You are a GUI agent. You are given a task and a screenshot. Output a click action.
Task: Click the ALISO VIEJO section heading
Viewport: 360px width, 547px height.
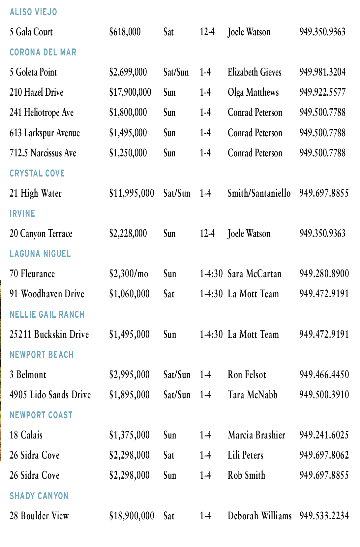click(x=33, y=12)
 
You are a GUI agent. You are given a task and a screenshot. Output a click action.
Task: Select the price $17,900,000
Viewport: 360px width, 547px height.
click(x=130, y=92)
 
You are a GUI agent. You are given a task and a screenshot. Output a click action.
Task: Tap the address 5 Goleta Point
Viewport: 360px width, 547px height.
click(x=33, y=72)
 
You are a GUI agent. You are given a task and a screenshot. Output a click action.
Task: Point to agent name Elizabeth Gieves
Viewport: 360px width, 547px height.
click(x=255, y=72)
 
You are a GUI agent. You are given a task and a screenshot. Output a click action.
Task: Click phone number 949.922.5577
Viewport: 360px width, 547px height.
click(x=322, y=92)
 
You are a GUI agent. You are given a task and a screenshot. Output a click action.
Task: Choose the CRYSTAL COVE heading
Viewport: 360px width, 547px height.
click(x=37, y=173)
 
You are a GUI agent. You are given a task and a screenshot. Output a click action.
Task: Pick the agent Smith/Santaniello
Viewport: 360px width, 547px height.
click(x=259, y=193)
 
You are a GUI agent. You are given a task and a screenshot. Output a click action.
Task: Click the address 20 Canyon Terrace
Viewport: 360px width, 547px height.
click(x=41, y=234)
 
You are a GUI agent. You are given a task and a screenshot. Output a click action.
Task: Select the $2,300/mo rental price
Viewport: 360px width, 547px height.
click(x=129, y=274)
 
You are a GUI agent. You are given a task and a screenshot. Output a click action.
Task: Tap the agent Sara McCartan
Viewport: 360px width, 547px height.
click(x=255, y=274)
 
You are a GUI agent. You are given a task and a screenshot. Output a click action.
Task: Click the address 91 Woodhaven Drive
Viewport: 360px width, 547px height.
click(x=47, y=294)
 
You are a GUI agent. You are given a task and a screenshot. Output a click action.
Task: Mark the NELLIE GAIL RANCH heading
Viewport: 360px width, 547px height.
click(x=47, y=314)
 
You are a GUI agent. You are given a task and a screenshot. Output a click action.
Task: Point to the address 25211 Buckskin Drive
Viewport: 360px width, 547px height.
click(x=49, y=335)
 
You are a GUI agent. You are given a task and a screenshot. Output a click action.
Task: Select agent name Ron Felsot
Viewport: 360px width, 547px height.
click(x=247, y=375)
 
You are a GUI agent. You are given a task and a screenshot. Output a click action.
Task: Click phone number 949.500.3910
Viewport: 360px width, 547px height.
click(x=324, y=395)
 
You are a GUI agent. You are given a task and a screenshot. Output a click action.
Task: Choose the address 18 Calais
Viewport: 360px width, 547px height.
click(x=26, y=435)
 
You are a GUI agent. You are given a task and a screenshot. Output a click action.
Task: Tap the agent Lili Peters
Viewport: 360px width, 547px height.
click(x=246, y=455)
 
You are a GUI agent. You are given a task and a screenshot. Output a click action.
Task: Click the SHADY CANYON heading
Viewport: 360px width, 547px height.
click(x=39, y=496)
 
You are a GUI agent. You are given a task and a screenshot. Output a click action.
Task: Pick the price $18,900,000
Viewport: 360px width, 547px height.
click(x=132, y=516)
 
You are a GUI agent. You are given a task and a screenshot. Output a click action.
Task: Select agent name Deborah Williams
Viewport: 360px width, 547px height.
click(x=260, y=516)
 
